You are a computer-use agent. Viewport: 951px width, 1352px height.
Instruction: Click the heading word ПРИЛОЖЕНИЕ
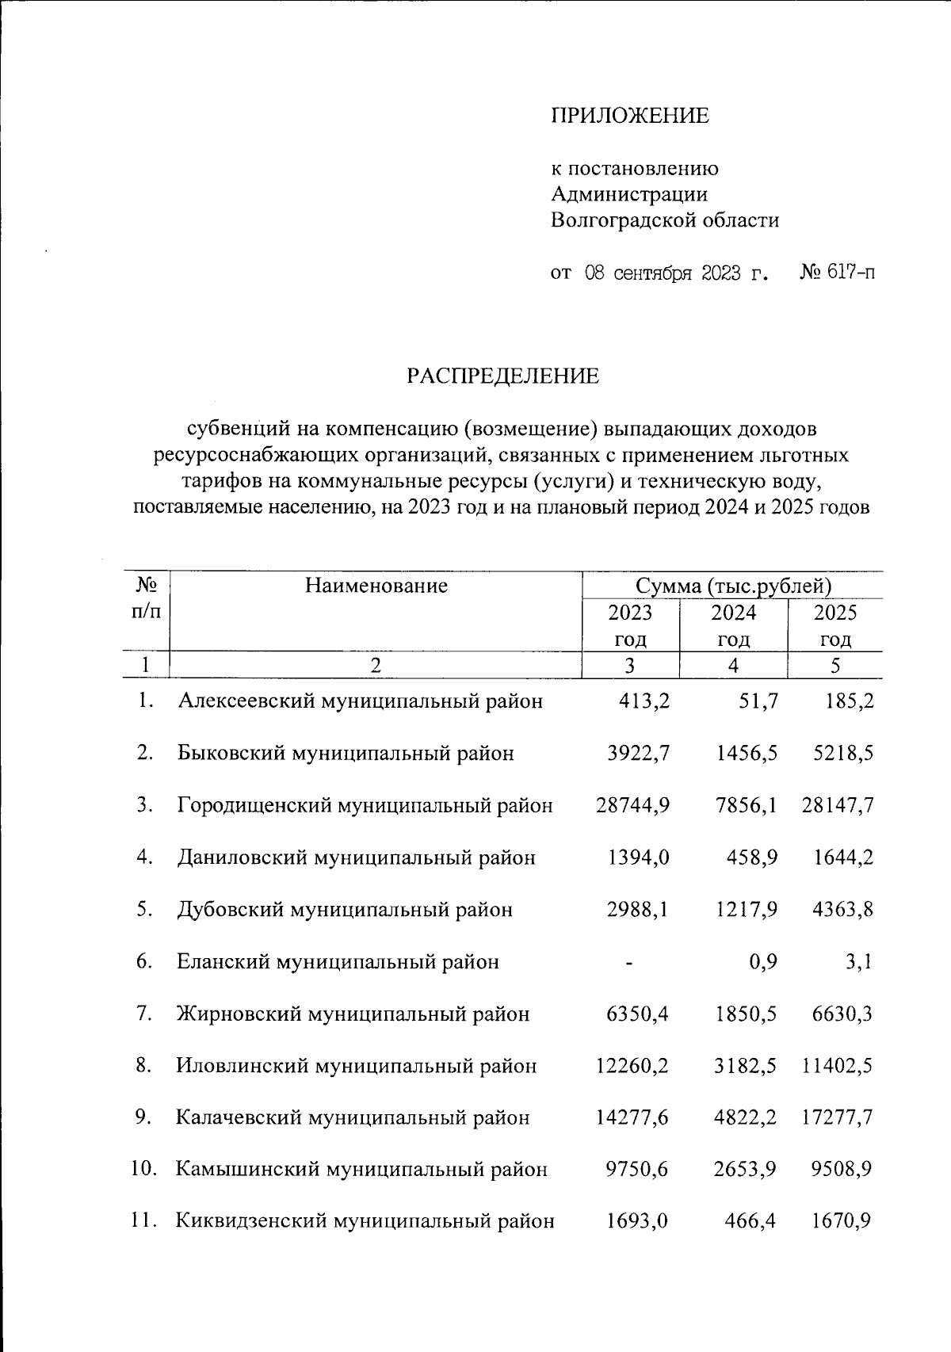pos(630,116)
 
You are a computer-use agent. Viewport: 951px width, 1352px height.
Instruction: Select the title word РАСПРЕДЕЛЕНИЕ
pos(503,376)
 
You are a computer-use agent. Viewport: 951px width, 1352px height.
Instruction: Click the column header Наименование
pos(376,586)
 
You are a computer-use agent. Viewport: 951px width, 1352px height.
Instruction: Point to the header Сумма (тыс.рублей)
pos(733,586)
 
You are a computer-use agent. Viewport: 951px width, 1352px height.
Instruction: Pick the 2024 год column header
pos(734,625)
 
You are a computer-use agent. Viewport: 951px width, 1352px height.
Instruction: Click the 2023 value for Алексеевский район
pos(644,701)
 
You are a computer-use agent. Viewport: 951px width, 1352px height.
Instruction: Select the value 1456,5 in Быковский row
pos(745,753)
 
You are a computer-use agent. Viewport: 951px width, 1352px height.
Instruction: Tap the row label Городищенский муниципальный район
pos(365,806)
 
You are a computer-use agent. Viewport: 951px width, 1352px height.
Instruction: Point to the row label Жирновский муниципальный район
pos(353,1014)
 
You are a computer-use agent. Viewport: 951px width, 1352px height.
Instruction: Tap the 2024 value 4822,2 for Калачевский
pos(745,1118)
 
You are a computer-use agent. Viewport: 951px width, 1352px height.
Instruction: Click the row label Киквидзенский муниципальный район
pos(365,1222)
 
